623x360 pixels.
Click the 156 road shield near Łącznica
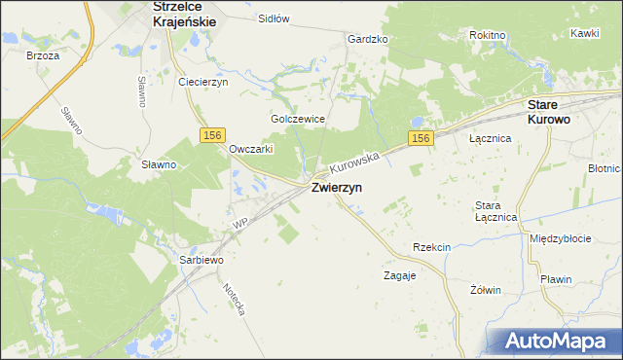[x=420, y=140]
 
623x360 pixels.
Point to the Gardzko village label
[x=368, y=40]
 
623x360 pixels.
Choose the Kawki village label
[x=584, y=33]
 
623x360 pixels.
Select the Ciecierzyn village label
[x=202, y=82]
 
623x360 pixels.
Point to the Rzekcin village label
[x=431, y=248]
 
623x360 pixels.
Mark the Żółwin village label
[x=485, y=290]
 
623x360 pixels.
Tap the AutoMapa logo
[x=558, y=341]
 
